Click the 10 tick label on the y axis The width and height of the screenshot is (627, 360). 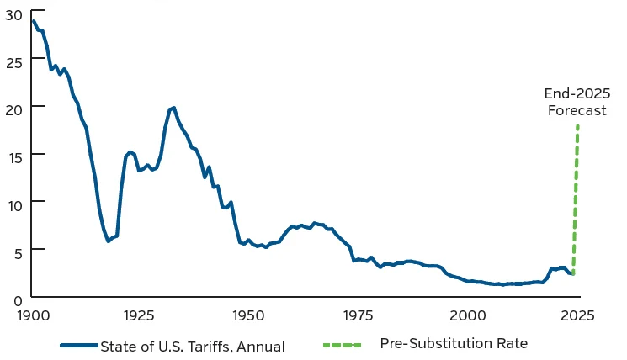(x=12, y=203)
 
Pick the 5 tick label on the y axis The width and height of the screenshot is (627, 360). (x=15, y=250)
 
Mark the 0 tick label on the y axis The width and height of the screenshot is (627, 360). (x=15, y=298)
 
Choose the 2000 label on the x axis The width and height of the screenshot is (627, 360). (x=468, y=316)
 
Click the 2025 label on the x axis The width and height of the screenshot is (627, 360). (x=577, y=316)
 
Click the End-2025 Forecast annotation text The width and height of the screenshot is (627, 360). (x=577, y=102)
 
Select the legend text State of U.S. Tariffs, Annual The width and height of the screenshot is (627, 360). (x=193, y=346)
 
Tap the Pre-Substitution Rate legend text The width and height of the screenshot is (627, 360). (x=453, y=343)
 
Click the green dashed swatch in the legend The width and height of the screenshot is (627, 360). (x=340, y=345)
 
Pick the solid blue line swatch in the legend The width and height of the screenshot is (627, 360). (x=79, y=345)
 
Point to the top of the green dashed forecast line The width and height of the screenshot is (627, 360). (x=577, y=126)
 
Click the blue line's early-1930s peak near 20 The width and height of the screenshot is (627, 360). (x=173, y=108)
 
